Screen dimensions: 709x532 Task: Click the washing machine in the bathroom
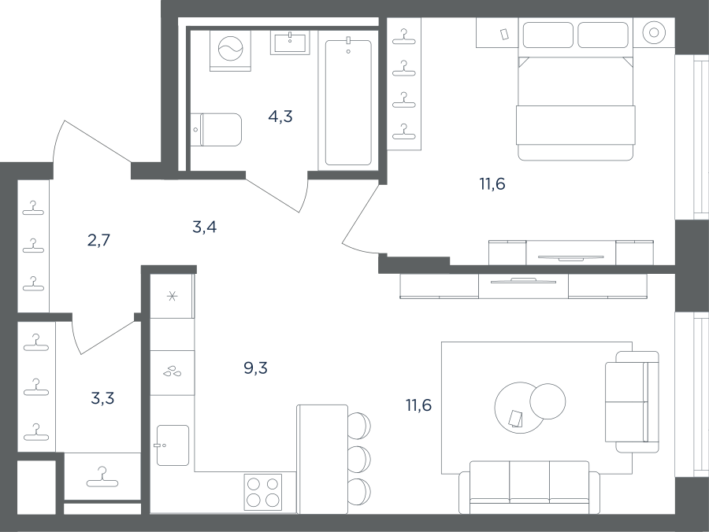231,50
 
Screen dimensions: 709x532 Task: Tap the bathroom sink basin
290,42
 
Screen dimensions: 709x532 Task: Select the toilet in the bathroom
216,130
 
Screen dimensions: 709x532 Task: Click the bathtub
348,102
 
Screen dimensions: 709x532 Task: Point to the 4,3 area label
280,116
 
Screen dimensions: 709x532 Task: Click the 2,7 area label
98,240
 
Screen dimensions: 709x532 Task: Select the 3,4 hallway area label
204,227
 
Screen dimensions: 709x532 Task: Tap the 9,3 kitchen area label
255,368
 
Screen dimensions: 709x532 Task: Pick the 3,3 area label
102,398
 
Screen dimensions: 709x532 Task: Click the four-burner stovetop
262,493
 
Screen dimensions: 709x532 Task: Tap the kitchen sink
173,445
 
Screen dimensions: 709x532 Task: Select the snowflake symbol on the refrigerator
173,296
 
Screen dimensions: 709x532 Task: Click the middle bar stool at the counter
359,459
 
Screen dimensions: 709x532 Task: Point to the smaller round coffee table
548,401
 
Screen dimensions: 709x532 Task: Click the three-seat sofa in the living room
529,488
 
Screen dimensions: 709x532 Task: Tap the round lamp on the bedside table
654,32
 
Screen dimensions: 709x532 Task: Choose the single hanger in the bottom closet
102,478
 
